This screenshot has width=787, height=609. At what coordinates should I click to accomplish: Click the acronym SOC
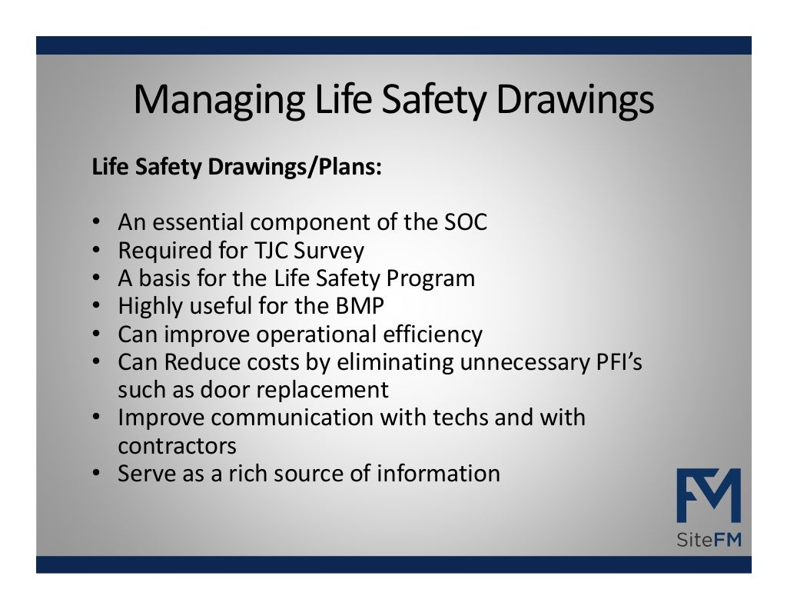[x=466, y=222]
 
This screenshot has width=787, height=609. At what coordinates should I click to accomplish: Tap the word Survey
[x=331, y=251]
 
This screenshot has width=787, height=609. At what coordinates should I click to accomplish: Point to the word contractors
[x=177, y=446]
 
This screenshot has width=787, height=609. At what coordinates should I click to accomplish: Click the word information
[x=438, y=474]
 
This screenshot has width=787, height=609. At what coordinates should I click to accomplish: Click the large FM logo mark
[x=709, y=495]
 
